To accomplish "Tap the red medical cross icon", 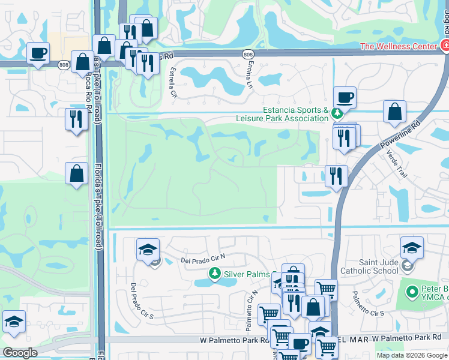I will tap(444, 45).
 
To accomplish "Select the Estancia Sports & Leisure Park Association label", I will tap(294, 114).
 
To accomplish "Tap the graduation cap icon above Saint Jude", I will tap(412, 247).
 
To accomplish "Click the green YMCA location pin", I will tap(412, 293).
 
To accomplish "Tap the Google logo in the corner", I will tap(20, 352).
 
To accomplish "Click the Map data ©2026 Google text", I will tap(412, 355).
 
